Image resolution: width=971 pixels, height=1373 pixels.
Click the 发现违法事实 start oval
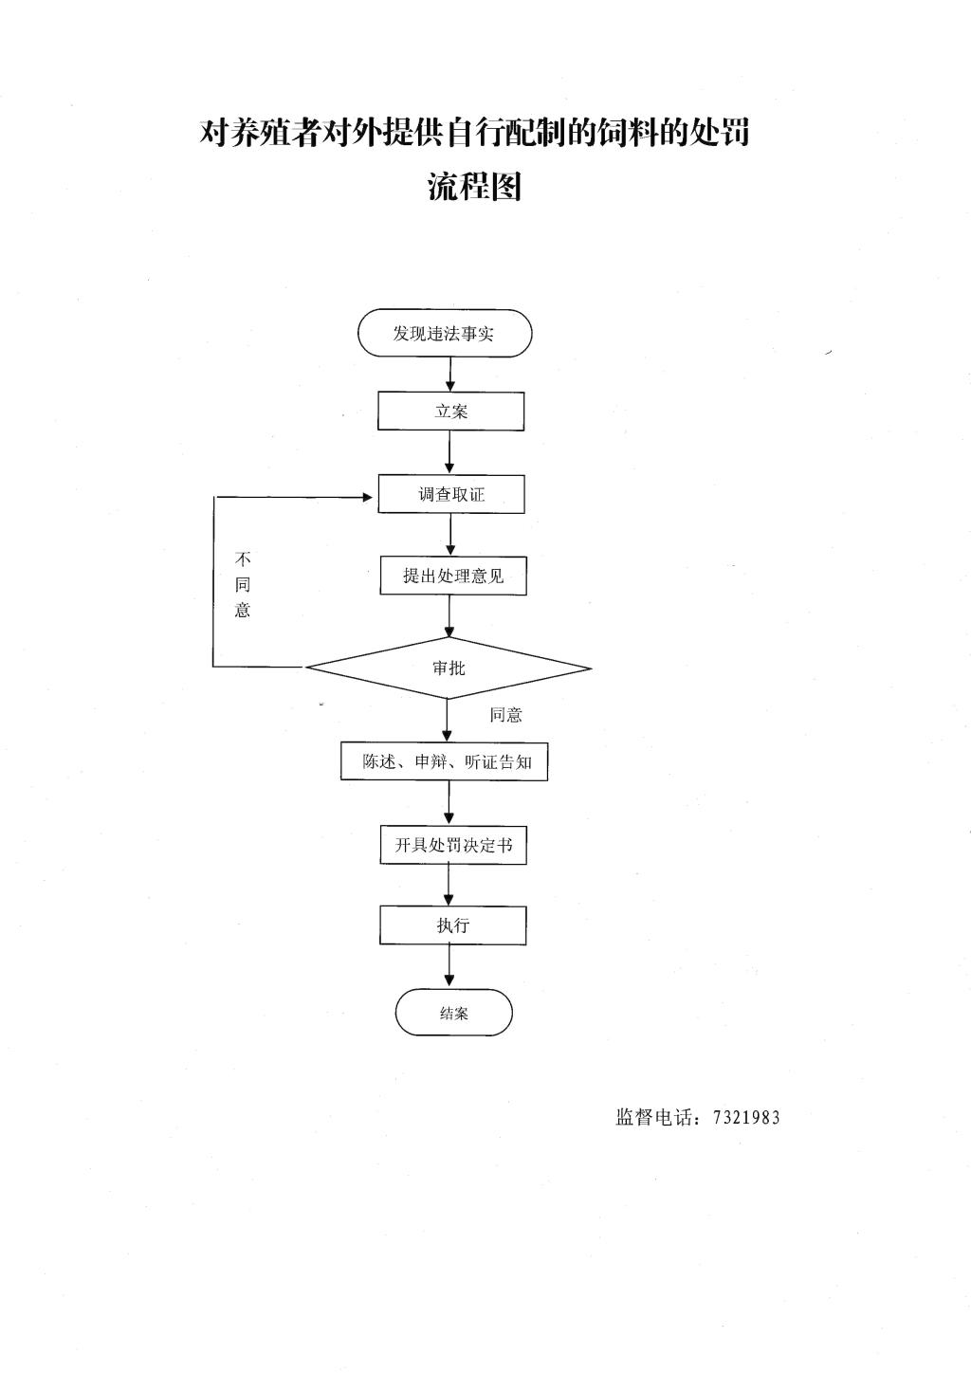445,334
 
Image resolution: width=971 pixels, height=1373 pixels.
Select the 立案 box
450,412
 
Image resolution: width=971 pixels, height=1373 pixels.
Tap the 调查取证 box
451,494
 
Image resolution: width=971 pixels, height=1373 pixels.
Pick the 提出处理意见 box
453,576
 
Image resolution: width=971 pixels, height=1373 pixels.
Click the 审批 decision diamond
449,668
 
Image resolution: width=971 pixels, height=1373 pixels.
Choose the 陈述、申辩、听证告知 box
444,761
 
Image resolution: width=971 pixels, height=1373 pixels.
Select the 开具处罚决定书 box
453,845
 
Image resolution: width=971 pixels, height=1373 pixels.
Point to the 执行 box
453,925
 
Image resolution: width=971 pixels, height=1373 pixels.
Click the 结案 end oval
453,1013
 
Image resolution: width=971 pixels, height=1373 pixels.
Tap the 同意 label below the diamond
505,715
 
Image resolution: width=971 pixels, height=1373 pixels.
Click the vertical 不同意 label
243,584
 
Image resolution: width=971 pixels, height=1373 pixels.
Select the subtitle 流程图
474,187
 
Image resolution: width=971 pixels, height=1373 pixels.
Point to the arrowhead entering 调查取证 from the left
370,497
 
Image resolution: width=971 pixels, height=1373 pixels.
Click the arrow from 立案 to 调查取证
450,452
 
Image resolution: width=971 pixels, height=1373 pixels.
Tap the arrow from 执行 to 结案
449,967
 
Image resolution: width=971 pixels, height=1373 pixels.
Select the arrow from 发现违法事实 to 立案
450,375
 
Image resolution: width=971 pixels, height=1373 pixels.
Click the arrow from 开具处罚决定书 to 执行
449,886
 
